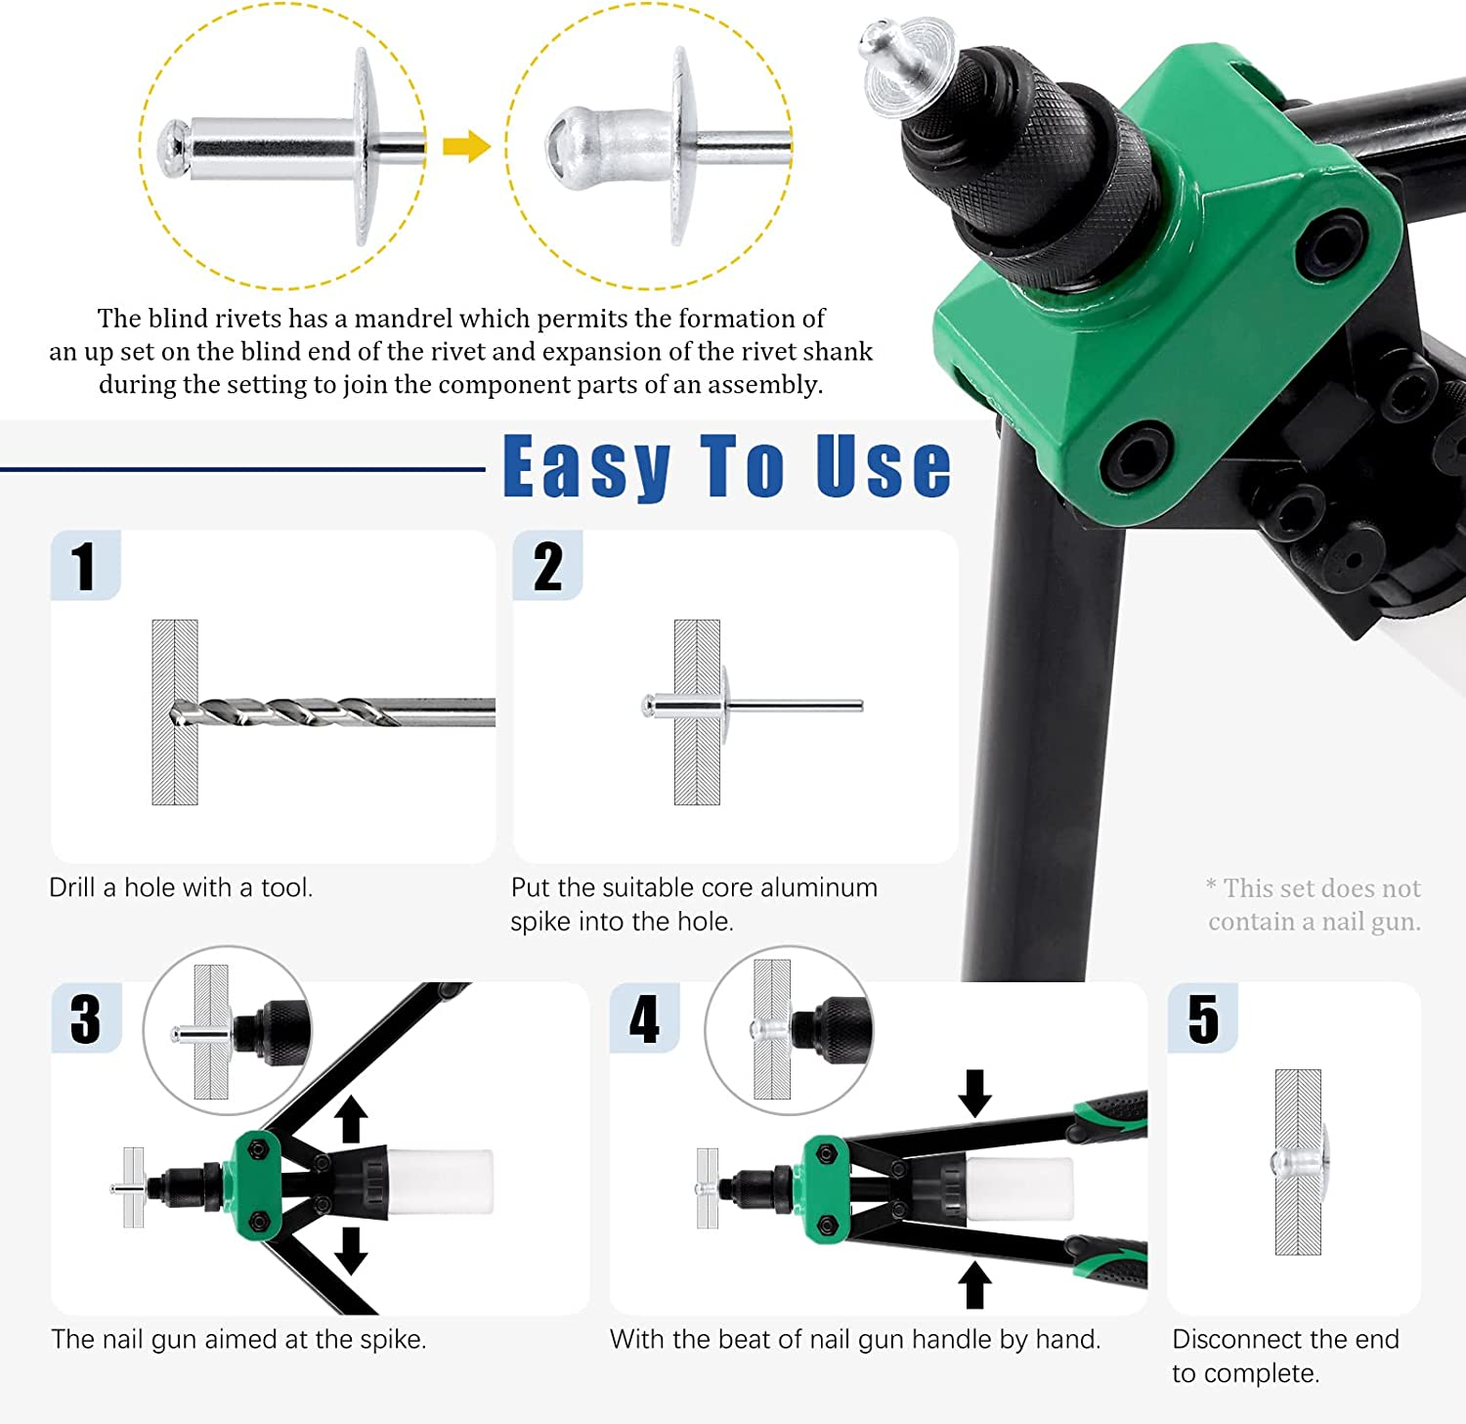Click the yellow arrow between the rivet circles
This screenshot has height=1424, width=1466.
coord(466,147)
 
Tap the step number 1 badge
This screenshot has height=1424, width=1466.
coord(85,565)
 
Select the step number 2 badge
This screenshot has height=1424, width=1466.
coord(547,565)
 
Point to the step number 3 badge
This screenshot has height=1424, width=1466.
coord(86,1017)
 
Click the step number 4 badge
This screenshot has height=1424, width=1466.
coord(644,1017)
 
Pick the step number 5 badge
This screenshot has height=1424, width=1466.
coord(1203,1017)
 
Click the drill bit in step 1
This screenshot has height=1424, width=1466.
coord(332,712)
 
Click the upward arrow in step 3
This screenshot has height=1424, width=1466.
coord(352,1120)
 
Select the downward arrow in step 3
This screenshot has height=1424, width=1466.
coord(351,1251)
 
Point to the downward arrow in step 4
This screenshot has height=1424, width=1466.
coord(974,1094)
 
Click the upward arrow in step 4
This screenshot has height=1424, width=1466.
coord(973,1284)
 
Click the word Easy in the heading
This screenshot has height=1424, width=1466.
coord(587,467)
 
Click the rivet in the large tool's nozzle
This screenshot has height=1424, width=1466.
coord(904,65)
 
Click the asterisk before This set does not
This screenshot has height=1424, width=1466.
coord(1211,885)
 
